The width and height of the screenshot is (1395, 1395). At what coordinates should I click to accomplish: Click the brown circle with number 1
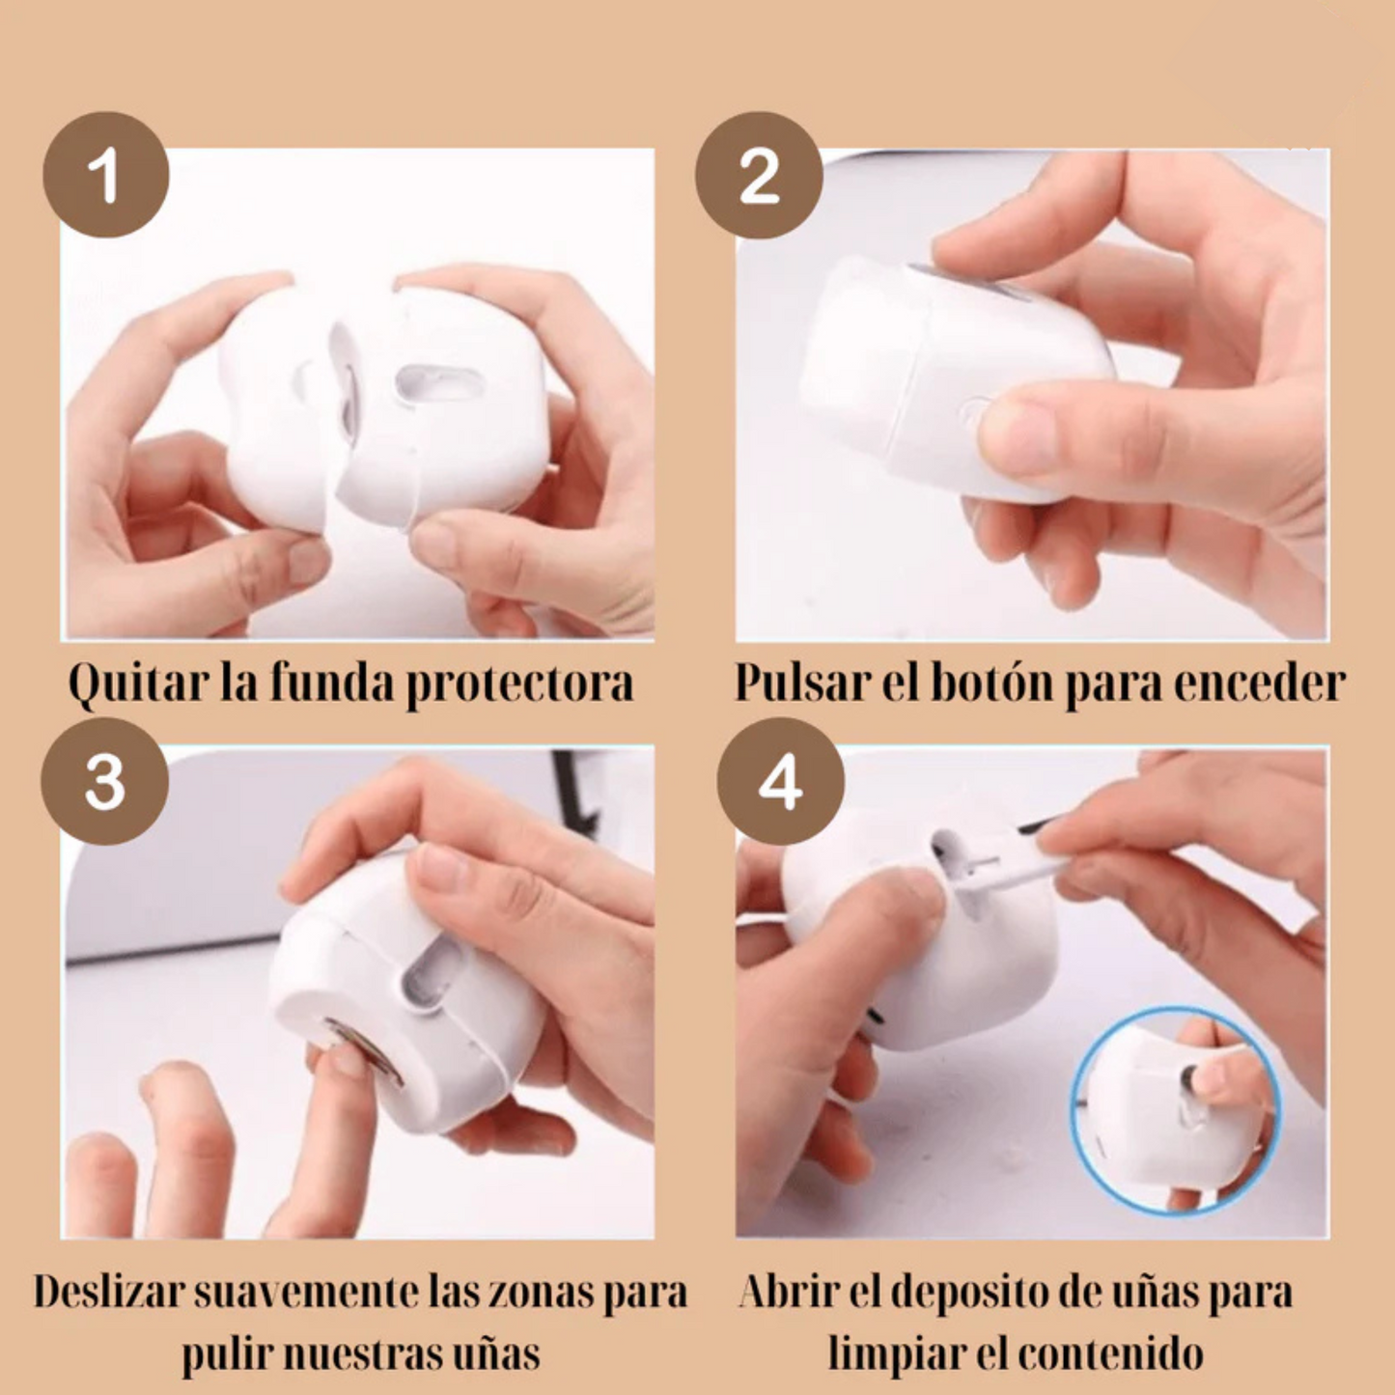pyautogui.click(x=106, y=175)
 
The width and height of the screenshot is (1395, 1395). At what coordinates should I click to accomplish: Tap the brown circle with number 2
pyautogui.click(x=759, y=175)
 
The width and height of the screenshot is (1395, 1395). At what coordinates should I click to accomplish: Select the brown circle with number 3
pyautogui.click(x=104, y=781)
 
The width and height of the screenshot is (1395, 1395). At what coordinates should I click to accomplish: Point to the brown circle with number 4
pyautogui.click(x=780, y=781)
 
